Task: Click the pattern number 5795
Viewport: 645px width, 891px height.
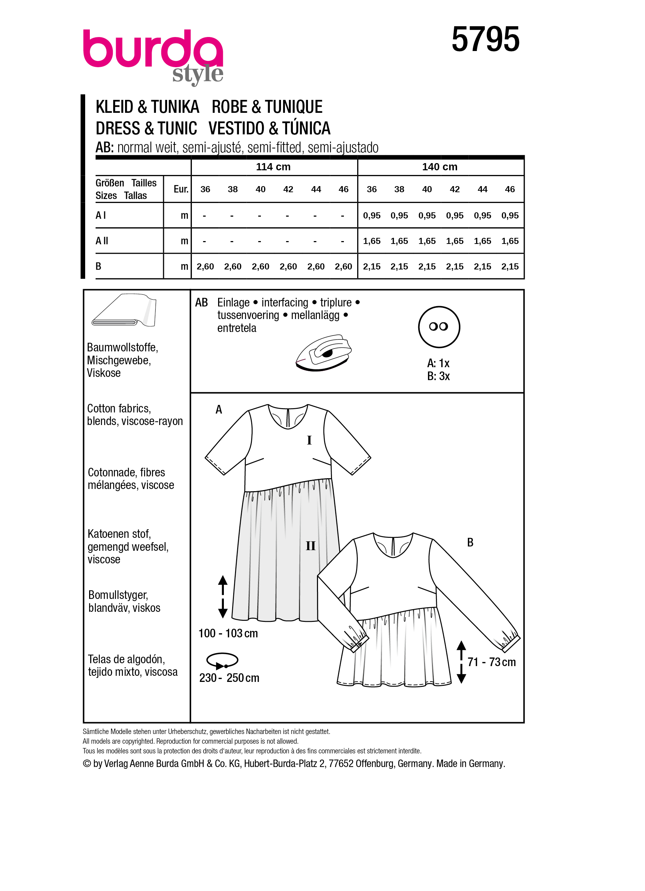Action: point(485,39)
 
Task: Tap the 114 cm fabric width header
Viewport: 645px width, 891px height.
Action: point(273,167)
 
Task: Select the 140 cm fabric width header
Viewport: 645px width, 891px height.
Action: point(439,167)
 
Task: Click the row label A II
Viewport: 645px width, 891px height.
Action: point(102,241)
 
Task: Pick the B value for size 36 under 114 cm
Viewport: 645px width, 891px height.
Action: point(205,267)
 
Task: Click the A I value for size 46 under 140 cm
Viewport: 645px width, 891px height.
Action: point(510,216)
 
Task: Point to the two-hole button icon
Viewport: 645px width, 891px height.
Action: point(439,327)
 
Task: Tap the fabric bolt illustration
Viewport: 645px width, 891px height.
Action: point(124,310)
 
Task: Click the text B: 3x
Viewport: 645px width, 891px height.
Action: point(438,377)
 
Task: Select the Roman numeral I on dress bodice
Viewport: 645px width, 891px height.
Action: point(309,440)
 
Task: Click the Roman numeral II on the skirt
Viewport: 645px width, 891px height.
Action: point(310,546)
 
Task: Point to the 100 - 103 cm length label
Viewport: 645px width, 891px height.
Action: point(228,633)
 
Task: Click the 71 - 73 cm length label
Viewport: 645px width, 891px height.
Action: point(492,662)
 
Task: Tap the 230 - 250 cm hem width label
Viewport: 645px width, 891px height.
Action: point(229,678)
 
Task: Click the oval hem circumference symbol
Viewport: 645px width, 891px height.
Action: point(222,660)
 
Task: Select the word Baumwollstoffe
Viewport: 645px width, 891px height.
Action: point(122,348)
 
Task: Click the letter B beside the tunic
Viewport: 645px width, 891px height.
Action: point(470,543)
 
